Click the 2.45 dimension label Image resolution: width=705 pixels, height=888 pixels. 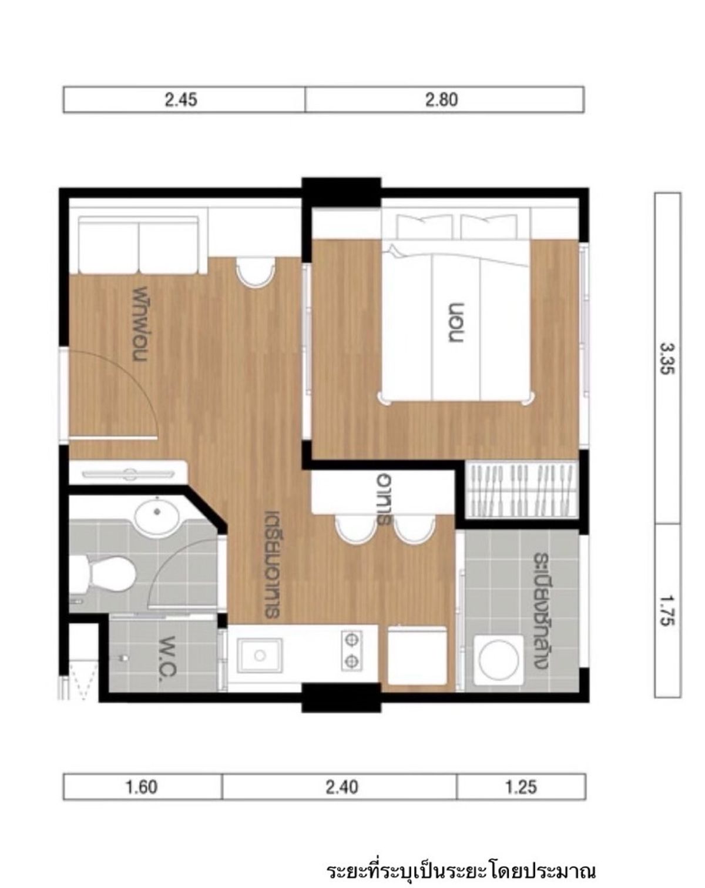point(181,100)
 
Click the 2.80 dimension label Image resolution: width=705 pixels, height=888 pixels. point(441,100)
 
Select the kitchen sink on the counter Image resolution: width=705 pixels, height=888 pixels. point(259,655)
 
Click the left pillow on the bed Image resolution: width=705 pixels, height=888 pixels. point(424,226)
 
